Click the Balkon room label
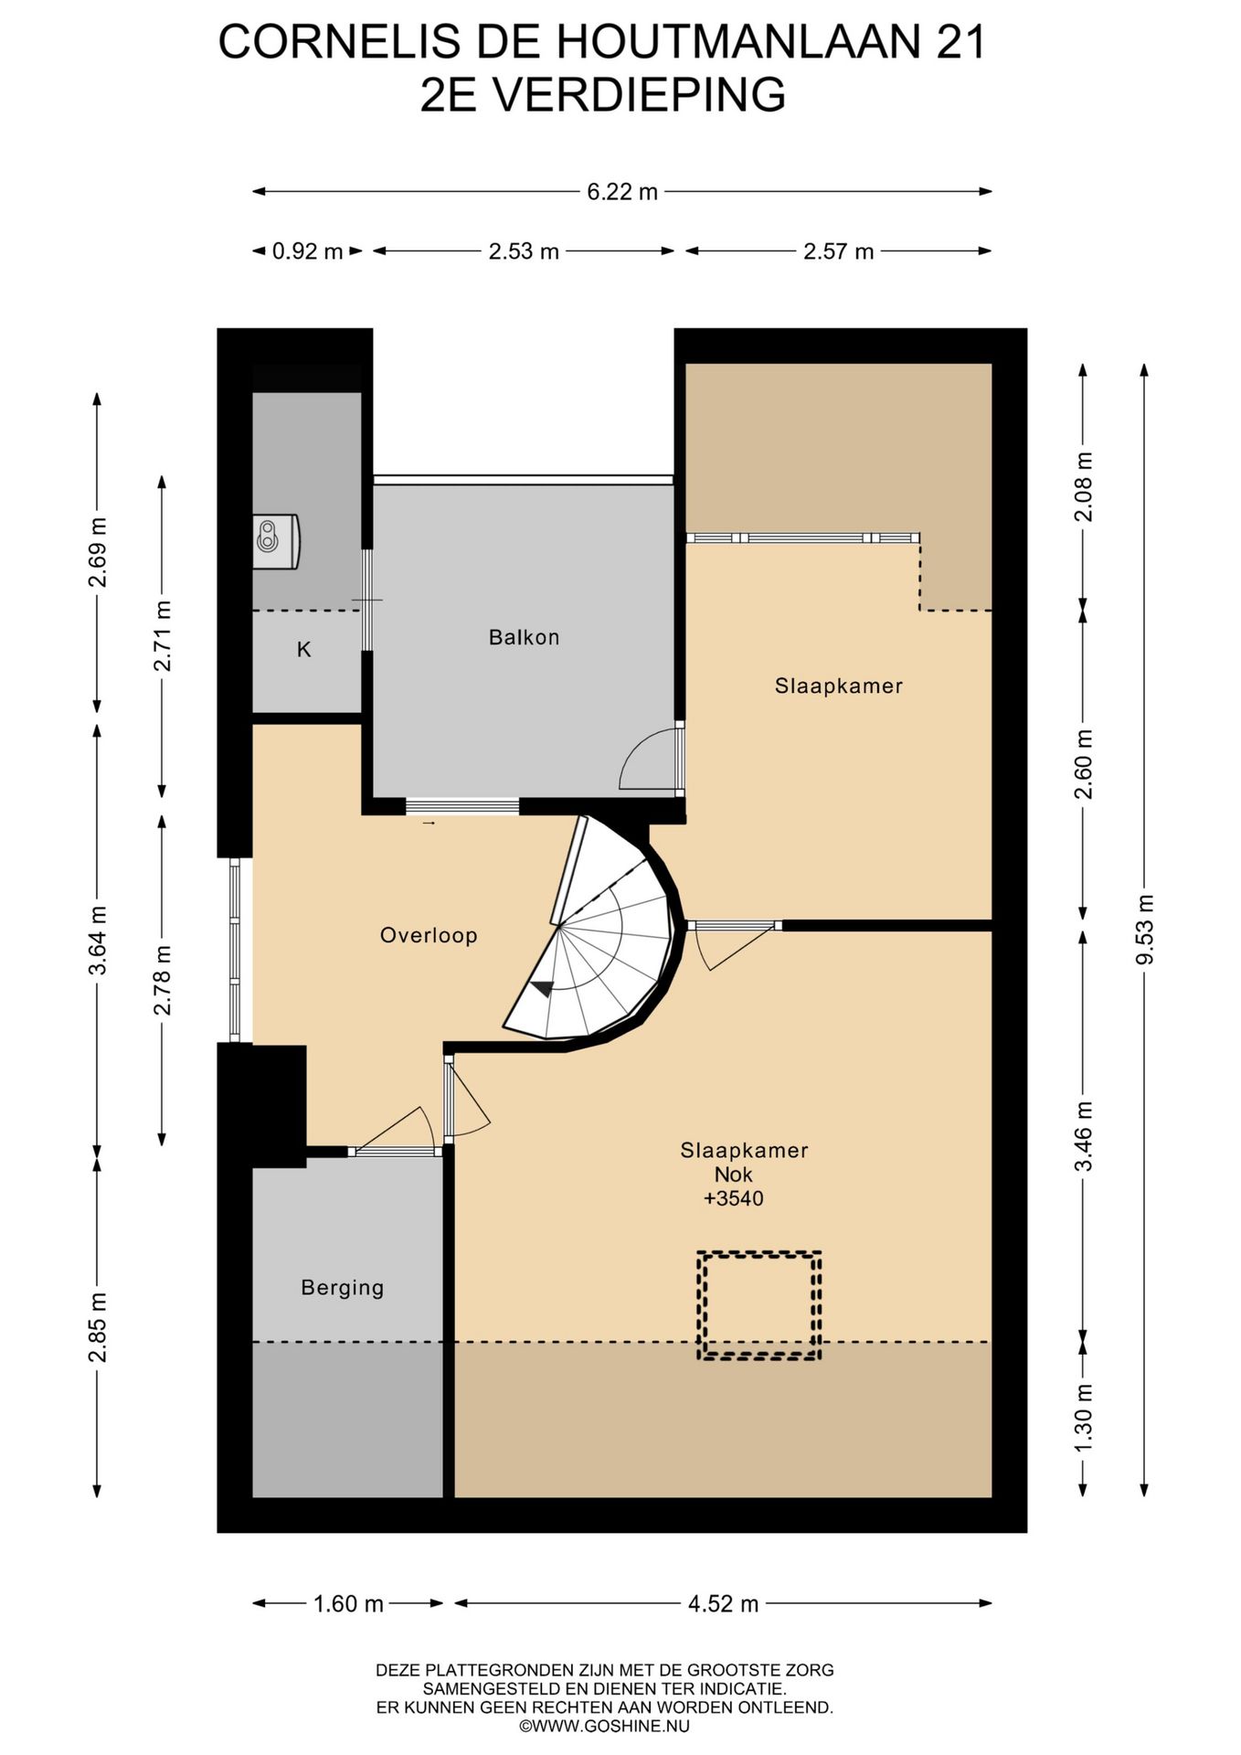click(524, 637)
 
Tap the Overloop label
click(429, 935)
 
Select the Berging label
click(343, 1288)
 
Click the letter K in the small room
click(304, 649)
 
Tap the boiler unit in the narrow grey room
click(276, 541)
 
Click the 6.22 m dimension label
click(622, 192)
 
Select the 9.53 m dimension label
click(1144, 929)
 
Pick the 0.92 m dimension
click(308, 251)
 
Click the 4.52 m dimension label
click(723, 1603)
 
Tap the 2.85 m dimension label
click(98, 1327)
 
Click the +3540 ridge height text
click(733, 1198)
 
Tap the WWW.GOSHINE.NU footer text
click(604, 1727)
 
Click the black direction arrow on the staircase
click(544, 987)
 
